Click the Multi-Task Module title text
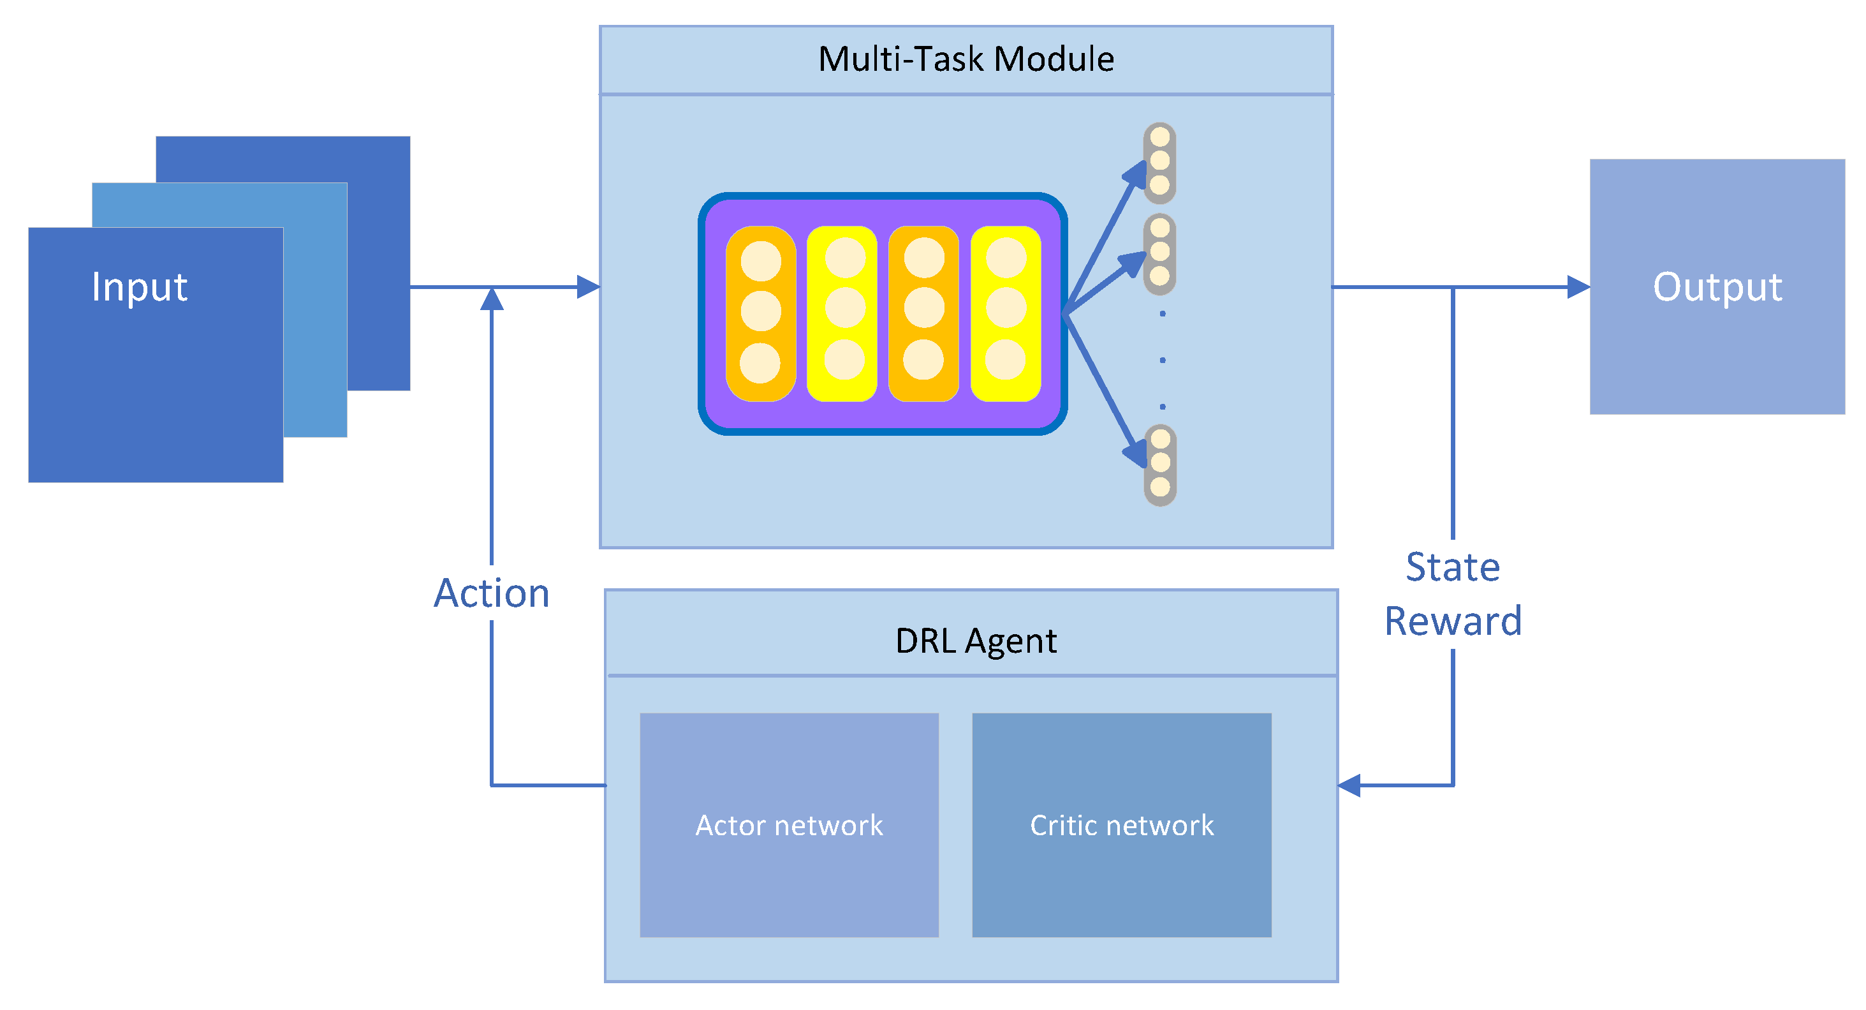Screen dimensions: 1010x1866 click(x=966, y=59)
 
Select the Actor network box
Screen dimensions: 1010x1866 click(x=789, y=824)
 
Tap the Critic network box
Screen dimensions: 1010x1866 click(x=1121, y=824)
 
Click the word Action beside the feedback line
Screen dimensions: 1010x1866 click(x=492, y=593)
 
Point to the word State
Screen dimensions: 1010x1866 click(x=1452, y=567)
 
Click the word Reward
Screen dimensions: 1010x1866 click(x=1452, y=621)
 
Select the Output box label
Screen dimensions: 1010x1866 click(x=1717, y=287)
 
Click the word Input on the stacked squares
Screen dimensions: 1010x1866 click(x=140, y=287)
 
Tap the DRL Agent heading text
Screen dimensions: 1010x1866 click(x=975, y=641)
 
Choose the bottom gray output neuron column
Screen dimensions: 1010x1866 click(x=1160, y=464)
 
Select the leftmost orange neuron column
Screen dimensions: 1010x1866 click(x=761, y=313)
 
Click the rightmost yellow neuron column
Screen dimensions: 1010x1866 click(x=1006, y=313)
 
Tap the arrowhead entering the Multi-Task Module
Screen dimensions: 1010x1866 click(x=589, y=287)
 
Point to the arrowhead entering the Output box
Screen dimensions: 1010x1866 click(x=1578, y=287)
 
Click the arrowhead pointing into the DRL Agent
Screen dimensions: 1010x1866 click(x=1349, y=785)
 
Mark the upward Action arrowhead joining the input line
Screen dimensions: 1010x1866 click(x=492, y=299)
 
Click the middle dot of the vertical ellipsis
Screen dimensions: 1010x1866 click(x=1163, y=360)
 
